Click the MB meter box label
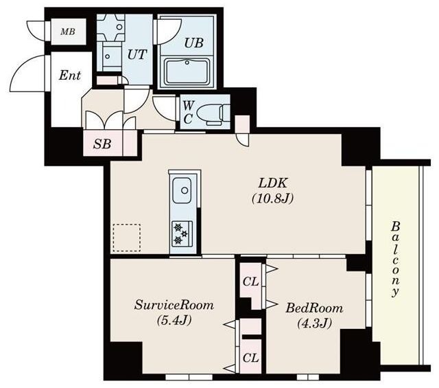[67, 32]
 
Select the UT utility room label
[137, 54]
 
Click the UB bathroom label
[192, 42]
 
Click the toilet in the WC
[215, 111]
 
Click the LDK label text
[272, 183]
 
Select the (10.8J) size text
[272, 201]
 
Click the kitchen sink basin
[182, 190]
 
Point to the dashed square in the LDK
[127, 238]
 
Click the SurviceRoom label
[174, 305]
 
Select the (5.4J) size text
[173, 321]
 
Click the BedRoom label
[313, 308]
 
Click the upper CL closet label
[250, 282]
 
